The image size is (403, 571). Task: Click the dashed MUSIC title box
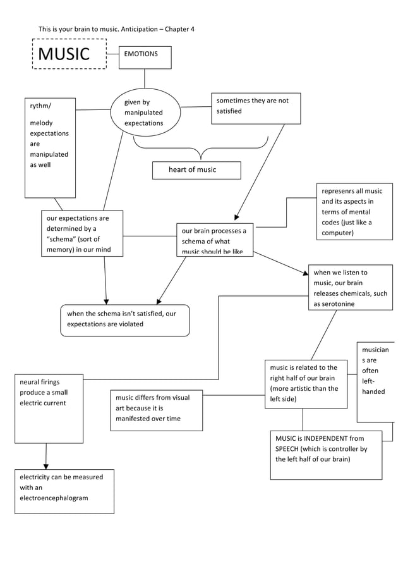[x=69, y=54]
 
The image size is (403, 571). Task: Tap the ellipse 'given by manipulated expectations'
[x=145, y=113]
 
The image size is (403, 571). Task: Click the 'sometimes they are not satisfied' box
[x=255, y=108]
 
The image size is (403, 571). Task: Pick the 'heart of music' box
[x=196, y=170]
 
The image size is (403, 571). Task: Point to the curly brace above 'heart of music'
[x=201, y=152]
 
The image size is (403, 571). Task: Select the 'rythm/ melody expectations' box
[x=50, y=147]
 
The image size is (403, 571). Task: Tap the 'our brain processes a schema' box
[x=215, y=240]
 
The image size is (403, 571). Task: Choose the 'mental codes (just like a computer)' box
[x=354, y=212]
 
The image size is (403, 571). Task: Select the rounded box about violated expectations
[x=125, y=320]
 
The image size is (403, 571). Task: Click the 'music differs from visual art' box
[x=156, y=410]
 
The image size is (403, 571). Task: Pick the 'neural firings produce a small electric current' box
[x=49, y=408]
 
